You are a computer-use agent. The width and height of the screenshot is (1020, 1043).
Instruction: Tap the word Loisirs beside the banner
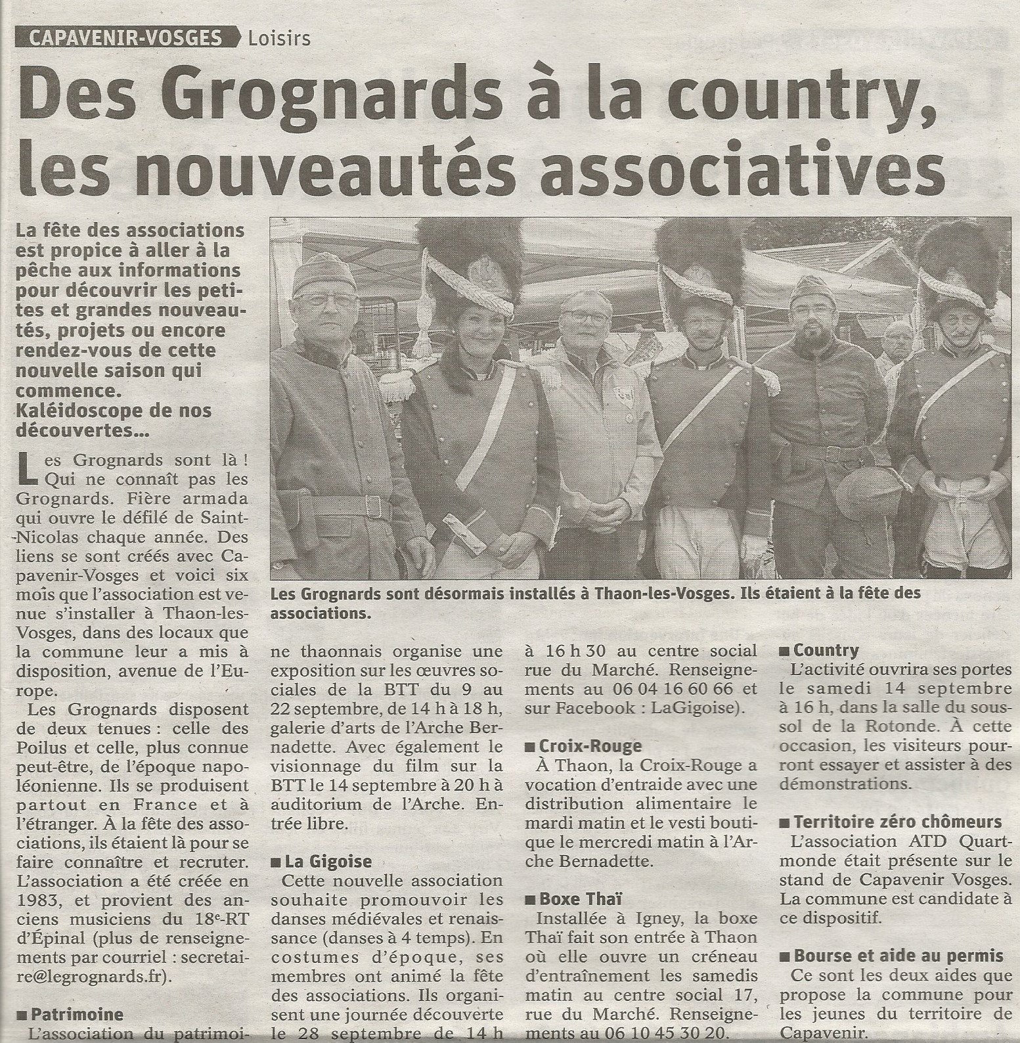pyautogui.click(x=279, y=39)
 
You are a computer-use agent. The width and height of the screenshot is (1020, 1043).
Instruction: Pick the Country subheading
pyautogui.click(x=825, y=650)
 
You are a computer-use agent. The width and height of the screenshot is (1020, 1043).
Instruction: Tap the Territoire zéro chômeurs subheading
pyautogui.click(x=897, y=822)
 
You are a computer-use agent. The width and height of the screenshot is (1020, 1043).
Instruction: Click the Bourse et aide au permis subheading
pyautogui.click(x=898, y=956)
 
